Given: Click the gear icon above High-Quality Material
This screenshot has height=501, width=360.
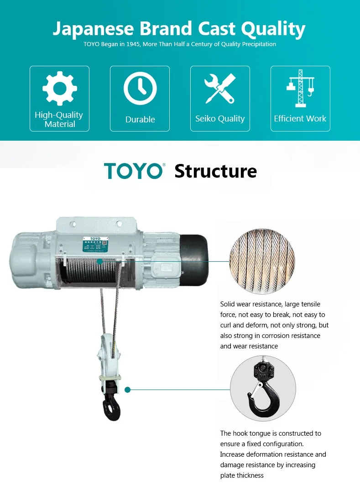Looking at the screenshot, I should click(x=59, y=89).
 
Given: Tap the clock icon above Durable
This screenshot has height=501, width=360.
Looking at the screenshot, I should click(x=140, y=89).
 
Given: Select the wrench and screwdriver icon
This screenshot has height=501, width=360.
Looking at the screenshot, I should click(x=220, y=88).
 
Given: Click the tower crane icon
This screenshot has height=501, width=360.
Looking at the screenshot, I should click(x=300, y=88).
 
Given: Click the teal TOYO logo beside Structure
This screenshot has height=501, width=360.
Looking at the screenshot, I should click(x=134, y=171).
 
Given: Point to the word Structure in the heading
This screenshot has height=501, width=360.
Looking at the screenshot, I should click(x=215, y=171).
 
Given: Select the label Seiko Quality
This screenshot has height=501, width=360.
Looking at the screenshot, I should click(x=220, y=119).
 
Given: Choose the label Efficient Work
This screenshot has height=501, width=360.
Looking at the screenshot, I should click(x=300, y=119).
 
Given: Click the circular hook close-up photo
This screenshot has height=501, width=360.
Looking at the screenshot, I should click(x=263, y=388).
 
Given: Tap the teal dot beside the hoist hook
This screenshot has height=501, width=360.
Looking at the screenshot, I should click(x=128, y=390).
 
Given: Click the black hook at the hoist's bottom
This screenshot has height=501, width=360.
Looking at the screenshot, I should click(x=112, y=406).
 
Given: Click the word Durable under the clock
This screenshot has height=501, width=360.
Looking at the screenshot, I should click(x=140, y=120).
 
